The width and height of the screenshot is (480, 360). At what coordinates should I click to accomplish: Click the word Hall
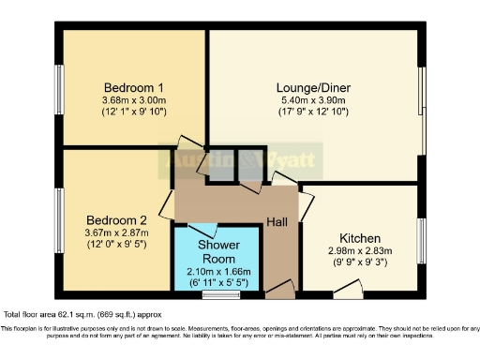[277, 221]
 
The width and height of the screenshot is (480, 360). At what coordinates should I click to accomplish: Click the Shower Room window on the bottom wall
[221, 296]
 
